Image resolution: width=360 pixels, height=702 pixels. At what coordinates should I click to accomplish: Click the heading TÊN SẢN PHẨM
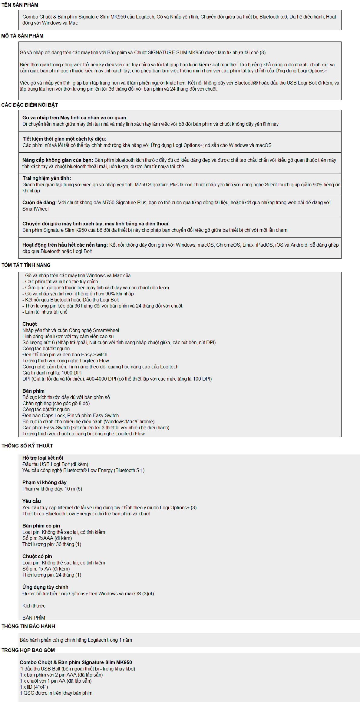click(20, 5)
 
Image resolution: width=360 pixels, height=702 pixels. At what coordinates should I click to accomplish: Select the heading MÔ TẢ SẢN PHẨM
click(22, 36)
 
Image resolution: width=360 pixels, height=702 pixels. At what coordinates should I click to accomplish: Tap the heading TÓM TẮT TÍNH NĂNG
click(26, 265)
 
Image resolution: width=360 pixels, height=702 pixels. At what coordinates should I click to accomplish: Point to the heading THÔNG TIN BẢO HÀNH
click(28, 626)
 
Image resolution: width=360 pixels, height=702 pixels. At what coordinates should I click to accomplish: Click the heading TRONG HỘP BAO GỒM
click(28, 650)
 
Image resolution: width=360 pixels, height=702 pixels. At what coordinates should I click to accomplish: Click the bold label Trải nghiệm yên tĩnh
click(47, 178)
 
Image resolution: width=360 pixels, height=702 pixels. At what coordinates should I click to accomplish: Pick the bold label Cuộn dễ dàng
click(39, 202)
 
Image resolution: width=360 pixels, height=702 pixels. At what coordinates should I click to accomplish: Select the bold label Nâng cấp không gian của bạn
click(58, 160)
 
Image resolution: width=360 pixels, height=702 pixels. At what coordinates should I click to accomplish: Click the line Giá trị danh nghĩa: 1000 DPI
click(52, 373)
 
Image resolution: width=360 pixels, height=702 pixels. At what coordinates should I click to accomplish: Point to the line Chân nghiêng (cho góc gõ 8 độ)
click(56, 403)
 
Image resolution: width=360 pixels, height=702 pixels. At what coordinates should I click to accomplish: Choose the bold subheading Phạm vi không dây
click(45, 482)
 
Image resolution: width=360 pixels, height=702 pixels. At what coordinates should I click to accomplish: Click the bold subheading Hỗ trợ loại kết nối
click(43, 458)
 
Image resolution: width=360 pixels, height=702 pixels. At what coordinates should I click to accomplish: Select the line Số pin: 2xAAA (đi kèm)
click(47, 538)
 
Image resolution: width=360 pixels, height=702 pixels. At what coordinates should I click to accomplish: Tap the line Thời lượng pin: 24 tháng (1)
click(52, 575)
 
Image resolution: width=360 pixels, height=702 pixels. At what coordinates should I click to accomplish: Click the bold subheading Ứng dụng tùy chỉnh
click(45, 587)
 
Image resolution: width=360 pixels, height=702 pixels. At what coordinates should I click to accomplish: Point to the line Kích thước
click(34, 606)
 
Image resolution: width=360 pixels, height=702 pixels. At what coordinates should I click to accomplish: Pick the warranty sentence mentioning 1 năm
click(76, 640)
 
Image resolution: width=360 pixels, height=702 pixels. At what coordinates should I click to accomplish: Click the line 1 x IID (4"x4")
click(34, 687)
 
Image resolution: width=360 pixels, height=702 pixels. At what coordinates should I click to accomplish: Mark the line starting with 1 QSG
click(56, 693)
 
